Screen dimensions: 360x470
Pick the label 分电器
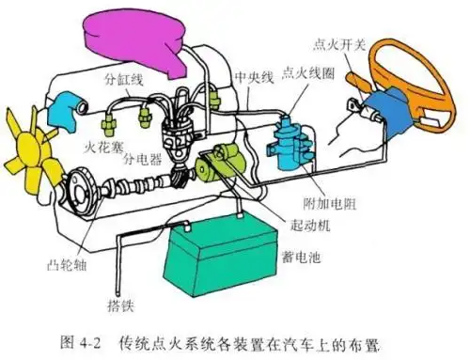pyautogui.click(x=144, y=157)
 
